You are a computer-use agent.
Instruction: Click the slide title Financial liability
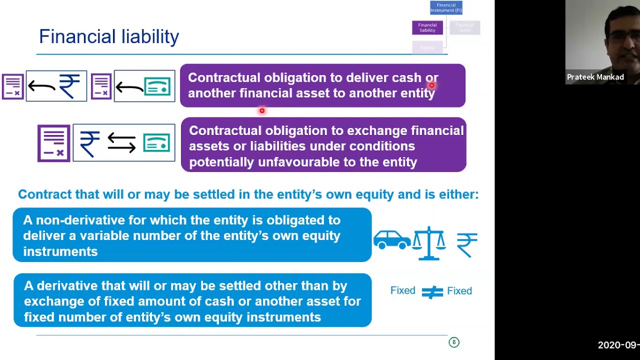109,36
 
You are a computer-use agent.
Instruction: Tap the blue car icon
391,239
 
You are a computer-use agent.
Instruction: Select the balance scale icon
428,243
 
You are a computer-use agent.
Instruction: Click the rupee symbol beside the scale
467,244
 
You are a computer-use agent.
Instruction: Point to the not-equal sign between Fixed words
432,291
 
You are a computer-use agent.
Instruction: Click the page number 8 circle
454,342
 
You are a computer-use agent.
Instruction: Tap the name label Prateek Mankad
595,77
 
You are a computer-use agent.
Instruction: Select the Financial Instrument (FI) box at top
446,7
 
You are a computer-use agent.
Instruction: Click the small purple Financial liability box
427,27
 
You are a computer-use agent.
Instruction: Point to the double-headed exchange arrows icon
121,143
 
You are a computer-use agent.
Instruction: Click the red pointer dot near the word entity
431,85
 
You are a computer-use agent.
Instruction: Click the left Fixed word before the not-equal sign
402,291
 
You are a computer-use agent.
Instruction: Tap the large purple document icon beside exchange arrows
53,143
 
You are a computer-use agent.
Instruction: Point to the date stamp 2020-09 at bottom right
618,345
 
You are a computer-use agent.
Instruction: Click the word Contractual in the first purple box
224,78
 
